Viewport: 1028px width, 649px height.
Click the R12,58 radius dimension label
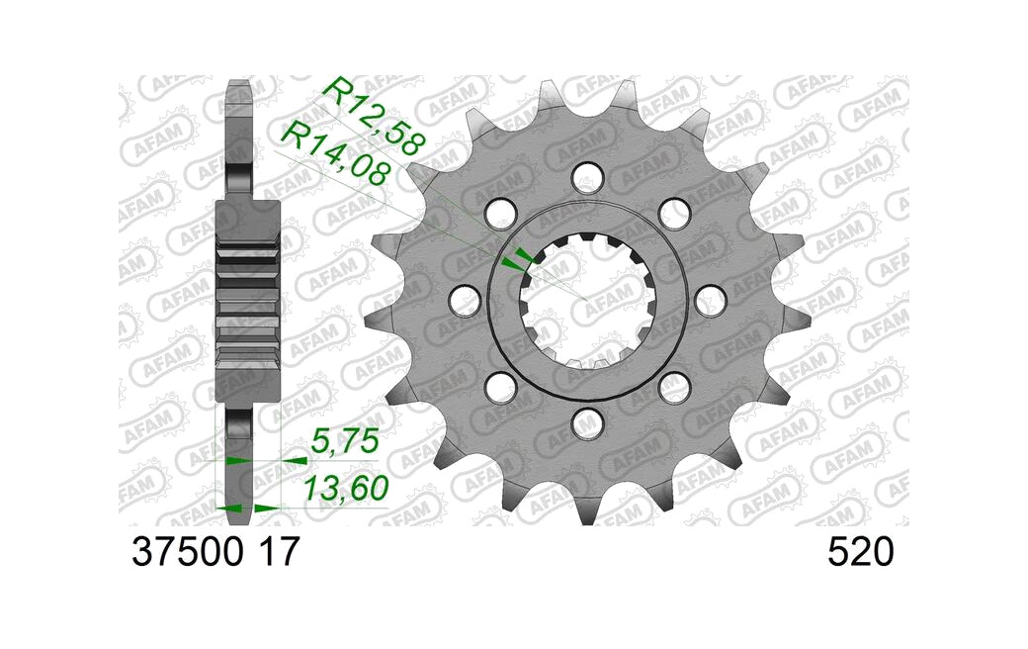point(375,116)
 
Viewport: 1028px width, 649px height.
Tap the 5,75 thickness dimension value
point(345,441)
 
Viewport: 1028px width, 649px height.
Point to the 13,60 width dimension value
point(346,488)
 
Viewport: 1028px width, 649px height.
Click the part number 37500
point(187,552)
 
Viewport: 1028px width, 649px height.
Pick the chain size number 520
point(861,552)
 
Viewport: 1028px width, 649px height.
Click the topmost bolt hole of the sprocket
point(587,174)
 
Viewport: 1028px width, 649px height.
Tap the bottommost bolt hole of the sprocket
point(587,422)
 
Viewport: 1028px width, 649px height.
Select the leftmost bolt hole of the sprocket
point(465,300)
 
